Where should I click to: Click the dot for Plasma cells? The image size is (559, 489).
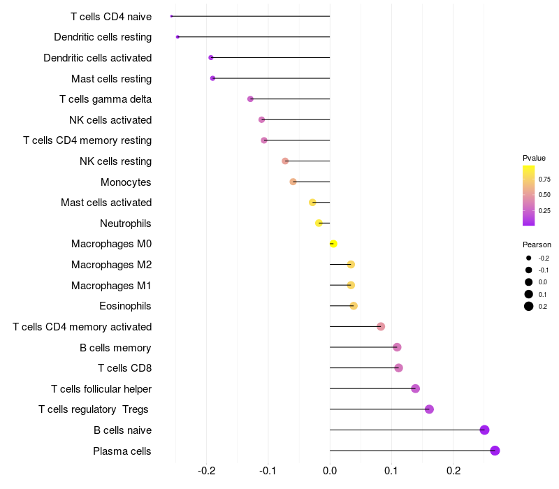pos(495,451)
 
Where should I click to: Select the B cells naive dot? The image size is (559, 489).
pos(484,430)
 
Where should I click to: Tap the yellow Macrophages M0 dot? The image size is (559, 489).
pos(333,244)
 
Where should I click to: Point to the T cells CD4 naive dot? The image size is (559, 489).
pos(171,16)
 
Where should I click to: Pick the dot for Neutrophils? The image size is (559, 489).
pos(319,223)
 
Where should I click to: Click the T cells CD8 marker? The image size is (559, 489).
pos(398,368)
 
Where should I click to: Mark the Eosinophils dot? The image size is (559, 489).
pos(353,306)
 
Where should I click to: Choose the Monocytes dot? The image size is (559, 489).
pos(293,182)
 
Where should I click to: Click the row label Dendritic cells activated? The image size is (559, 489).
pos(97,57)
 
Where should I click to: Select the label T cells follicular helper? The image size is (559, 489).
pos(101,388)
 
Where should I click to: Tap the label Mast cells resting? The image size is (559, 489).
pos(111,78)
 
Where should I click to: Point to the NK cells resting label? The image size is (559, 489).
pos(115,161)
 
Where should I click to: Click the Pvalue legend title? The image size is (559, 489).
pos(534,158)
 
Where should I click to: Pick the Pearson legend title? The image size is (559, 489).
pos(537,245)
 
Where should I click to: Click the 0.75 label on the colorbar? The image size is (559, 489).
pos(544,179)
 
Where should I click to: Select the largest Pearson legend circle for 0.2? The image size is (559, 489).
pos(529,306)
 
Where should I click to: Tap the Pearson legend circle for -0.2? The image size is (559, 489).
pos(529,258)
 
